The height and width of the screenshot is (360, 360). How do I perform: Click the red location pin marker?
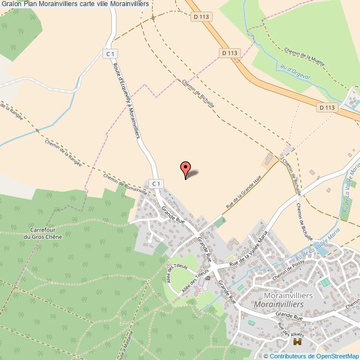186,169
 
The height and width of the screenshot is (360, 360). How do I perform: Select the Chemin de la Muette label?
303,55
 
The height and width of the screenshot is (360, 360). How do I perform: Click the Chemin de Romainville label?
125,185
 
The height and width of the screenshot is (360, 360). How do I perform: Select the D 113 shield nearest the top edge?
202,17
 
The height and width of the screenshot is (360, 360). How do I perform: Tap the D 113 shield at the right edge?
327,107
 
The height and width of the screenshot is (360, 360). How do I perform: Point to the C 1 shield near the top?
111,54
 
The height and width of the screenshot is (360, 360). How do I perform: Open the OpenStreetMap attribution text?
313,356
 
